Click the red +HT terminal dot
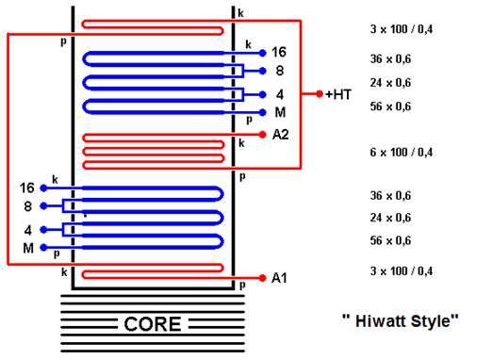(320, 93)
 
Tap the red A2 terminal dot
(262, 135)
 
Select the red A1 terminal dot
(262, 278)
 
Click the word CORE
(153, 324)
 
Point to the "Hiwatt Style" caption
(400, 320)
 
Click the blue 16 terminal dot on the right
(262, 53)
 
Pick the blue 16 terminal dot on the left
(43, 188)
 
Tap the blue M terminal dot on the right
(262, 112)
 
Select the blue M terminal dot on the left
(43, 248)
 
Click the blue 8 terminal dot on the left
(43, 206)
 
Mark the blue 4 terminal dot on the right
(262, 94)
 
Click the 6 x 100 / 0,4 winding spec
(402, 153)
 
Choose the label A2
(281, 135)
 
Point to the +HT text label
(338, 94)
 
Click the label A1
(279, 278)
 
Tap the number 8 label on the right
(280, 71)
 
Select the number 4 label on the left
(28, 230)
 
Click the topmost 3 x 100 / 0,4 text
(402, 29)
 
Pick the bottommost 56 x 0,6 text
(390, 240)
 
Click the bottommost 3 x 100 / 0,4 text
(402, 271)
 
